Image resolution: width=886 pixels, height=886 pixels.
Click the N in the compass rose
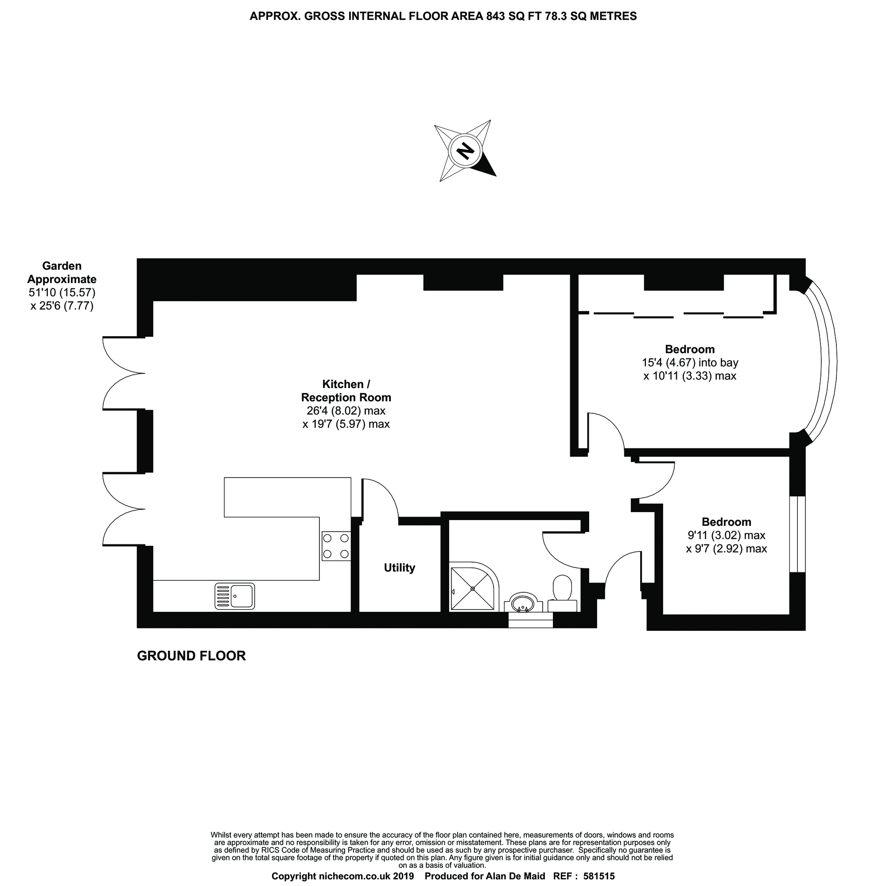pos(466,151)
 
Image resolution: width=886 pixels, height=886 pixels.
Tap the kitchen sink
pos(235,596)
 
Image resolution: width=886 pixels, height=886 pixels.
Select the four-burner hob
pos(336,546)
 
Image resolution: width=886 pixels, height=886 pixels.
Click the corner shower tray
pos(472,588)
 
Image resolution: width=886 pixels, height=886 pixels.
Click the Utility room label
pos(400,568)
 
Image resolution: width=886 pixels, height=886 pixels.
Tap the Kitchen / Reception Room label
pos(346,391)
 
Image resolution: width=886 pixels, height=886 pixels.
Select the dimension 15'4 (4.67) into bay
pos(690,362)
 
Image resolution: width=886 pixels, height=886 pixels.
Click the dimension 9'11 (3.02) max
pos(727,535)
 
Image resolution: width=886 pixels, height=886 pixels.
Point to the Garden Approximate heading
pos(62,272)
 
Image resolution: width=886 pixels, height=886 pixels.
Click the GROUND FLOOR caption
pos(191,656)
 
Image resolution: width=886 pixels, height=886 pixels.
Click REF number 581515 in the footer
pos(598,876)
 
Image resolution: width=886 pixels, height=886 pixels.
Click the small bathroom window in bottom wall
pos(531,620)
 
